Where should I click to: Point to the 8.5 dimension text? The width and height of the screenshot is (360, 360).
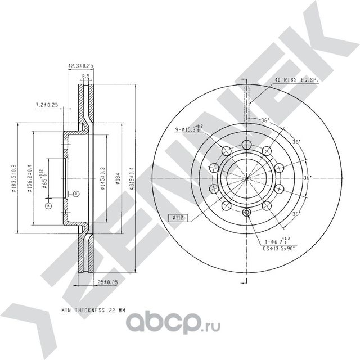click(x=85, y=76)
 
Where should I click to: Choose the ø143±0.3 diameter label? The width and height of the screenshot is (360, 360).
click(x=102, y=179)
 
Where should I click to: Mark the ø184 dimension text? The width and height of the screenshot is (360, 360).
click(x=117, y=179)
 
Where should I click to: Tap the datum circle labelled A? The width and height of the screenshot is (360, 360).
click(x=49, y=206)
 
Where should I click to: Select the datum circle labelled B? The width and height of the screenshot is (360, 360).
click(x=77, y=193)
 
